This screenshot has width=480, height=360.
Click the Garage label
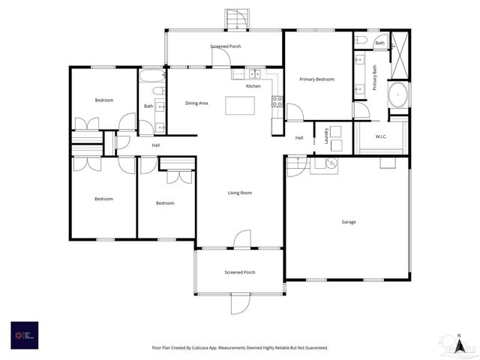[349, 222]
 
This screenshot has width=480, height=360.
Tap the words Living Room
[240, 193]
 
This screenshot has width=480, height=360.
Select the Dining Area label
[196, 103]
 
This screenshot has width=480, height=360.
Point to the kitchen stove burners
[277, 100]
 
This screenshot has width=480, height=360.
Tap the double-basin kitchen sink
[255, 74]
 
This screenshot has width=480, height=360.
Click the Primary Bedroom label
[316, 79]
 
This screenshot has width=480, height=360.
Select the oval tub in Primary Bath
[397, 96]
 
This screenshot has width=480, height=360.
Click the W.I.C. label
[381, 136]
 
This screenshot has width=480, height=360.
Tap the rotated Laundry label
[327, 136]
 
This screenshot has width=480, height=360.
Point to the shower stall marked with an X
[400, 56]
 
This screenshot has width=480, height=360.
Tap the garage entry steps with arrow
[298, 165]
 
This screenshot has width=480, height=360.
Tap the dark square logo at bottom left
[25, 334]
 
